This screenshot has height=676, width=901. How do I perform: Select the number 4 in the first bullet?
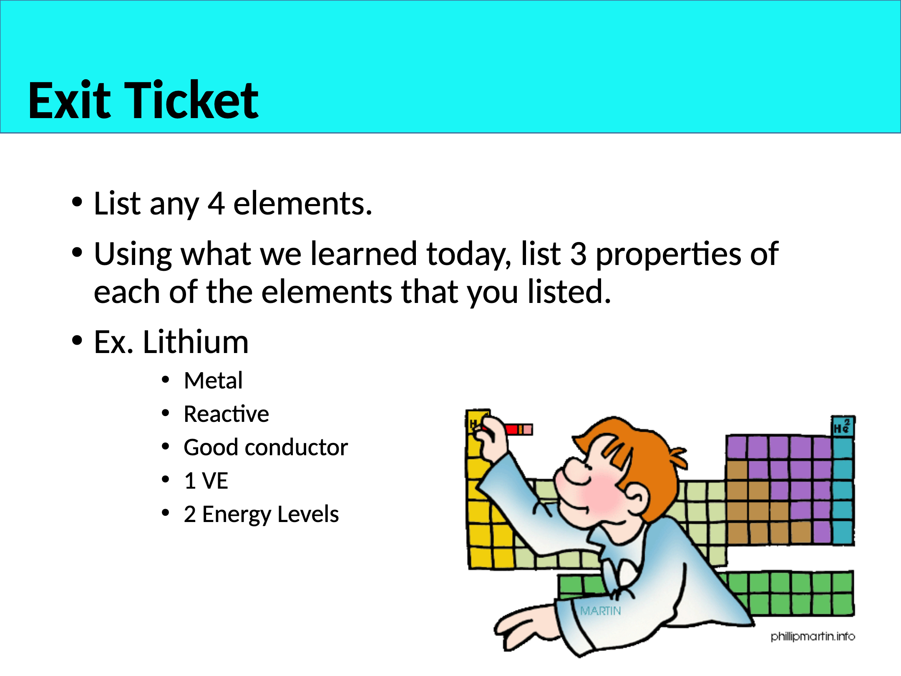tap(216, 204)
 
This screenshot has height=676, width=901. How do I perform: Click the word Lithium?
tap(196, 342)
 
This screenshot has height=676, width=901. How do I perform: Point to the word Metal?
tap(213, 381)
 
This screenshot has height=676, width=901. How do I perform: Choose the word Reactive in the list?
tap(227, 414)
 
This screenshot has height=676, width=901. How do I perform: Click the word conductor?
tap(297, 447)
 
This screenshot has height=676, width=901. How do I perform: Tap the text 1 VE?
tap(206, 481)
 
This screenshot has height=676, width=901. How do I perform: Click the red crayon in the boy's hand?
tap(517, 429)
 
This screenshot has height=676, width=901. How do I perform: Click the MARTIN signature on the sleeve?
tap(601, 611)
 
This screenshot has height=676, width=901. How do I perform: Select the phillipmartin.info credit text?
tap(813, 636)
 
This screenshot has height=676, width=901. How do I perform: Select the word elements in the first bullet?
tap(302, 204)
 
